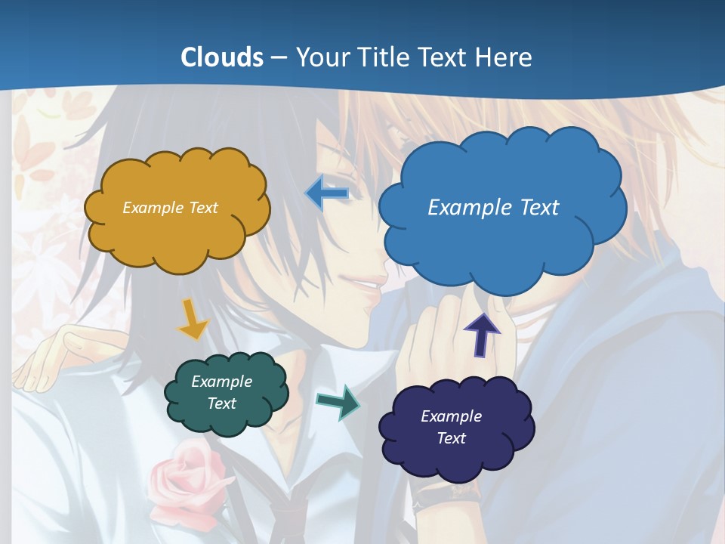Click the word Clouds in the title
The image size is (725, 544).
[x=221, y=57]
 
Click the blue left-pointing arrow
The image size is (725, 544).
[x=327, y=193]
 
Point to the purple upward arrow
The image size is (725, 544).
[x=481, y=333]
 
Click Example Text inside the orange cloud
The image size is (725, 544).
[x=170, y=208]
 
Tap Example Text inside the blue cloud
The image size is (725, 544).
[x=493, y=207]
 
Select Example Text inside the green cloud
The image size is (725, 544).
[x=221, y=392]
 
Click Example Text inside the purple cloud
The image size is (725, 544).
[x=451, y=427]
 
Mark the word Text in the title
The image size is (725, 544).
[x=445, y=57]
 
